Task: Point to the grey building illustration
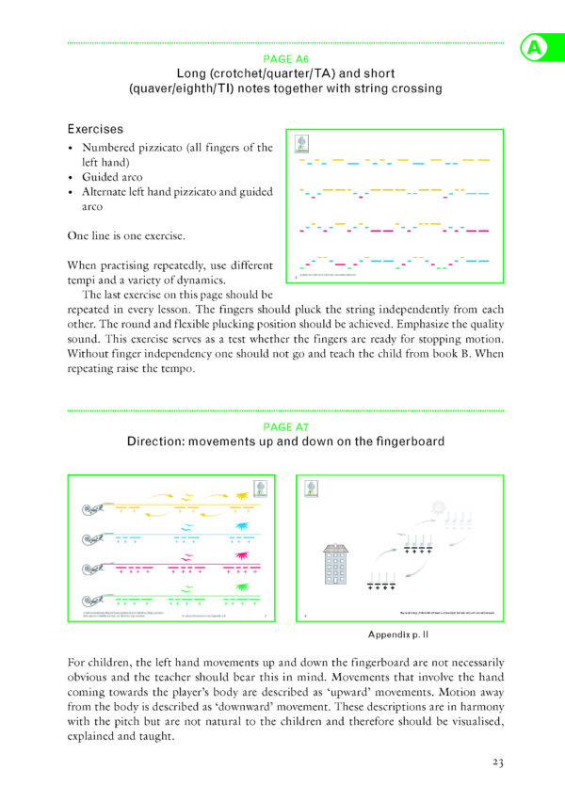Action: pos(335,564)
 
